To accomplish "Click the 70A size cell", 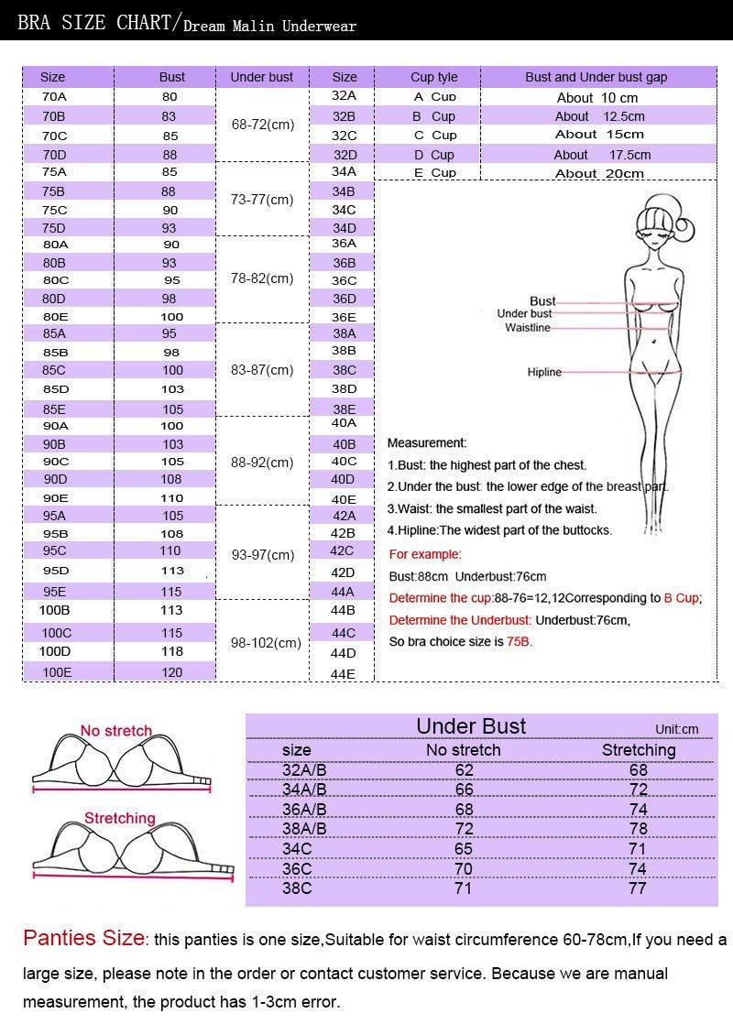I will [x=53, y=96].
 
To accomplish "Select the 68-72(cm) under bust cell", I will [x=262, y=124].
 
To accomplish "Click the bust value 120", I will [x=172, y=672].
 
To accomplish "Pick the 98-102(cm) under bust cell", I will [x=267, y=643].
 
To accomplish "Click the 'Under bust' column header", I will [x=262, y=77].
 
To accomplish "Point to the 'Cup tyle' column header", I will [x=434, y=77].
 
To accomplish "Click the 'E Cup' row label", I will [x=434, y=173].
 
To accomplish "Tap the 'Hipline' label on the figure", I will [x=544, y=372].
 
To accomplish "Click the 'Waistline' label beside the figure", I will [x=528, y=327].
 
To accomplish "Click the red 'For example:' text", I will [x=425, y=554].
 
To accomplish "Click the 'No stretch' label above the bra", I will [x=115, y=731].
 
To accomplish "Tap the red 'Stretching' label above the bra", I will [x=120, y=818].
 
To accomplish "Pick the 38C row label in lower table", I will [x=299, y=888].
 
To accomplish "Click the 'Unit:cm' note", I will [x=676, y=729].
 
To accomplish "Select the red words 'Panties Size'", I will [x=83, y=939].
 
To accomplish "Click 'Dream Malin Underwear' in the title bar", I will [x=269, y=27].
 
